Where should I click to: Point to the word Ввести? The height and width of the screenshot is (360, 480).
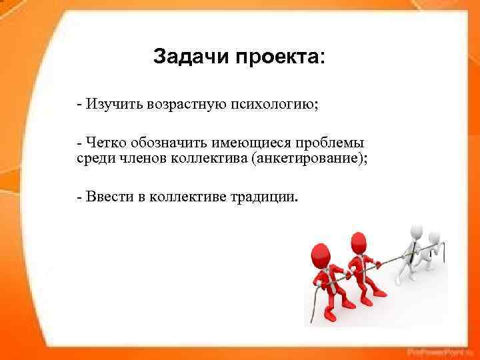[x=104, y=197]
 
